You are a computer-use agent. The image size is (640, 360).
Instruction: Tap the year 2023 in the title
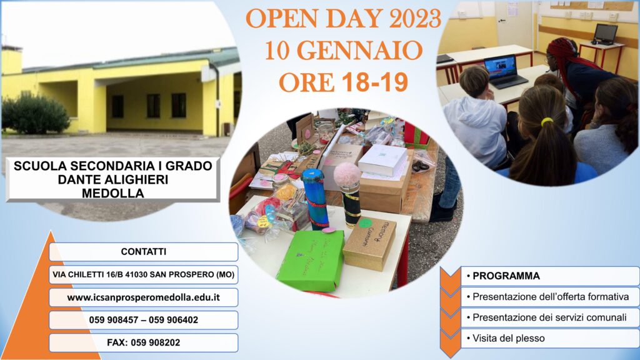click(x=415, y=19)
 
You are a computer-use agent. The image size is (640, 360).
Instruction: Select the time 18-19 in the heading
click(x=375, y=82)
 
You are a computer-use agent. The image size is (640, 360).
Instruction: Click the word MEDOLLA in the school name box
click(x=113, y=193)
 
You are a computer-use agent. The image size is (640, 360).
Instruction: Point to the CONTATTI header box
click(x=143, y=252)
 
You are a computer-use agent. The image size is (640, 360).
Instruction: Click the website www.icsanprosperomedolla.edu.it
click(x=143, y=297)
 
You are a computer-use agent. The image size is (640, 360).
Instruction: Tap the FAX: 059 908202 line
click(x=143, y=343)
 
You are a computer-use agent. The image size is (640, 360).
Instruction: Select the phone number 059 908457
click(x=114, y=320)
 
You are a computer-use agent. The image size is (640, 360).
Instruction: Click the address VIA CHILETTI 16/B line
click(x=143, y=275)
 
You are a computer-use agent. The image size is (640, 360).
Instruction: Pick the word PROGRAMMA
click(x=506, y=276)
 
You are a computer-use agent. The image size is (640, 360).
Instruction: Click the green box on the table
click(x=311, y=261)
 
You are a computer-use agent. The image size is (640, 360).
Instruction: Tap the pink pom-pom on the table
click(x=347, y=174)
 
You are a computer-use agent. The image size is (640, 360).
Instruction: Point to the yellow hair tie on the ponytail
click(x=547, y=122)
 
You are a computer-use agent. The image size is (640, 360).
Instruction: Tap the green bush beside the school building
click(x=35, y=114)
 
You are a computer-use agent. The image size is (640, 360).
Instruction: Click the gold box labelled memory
click(x=369, y=243)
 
